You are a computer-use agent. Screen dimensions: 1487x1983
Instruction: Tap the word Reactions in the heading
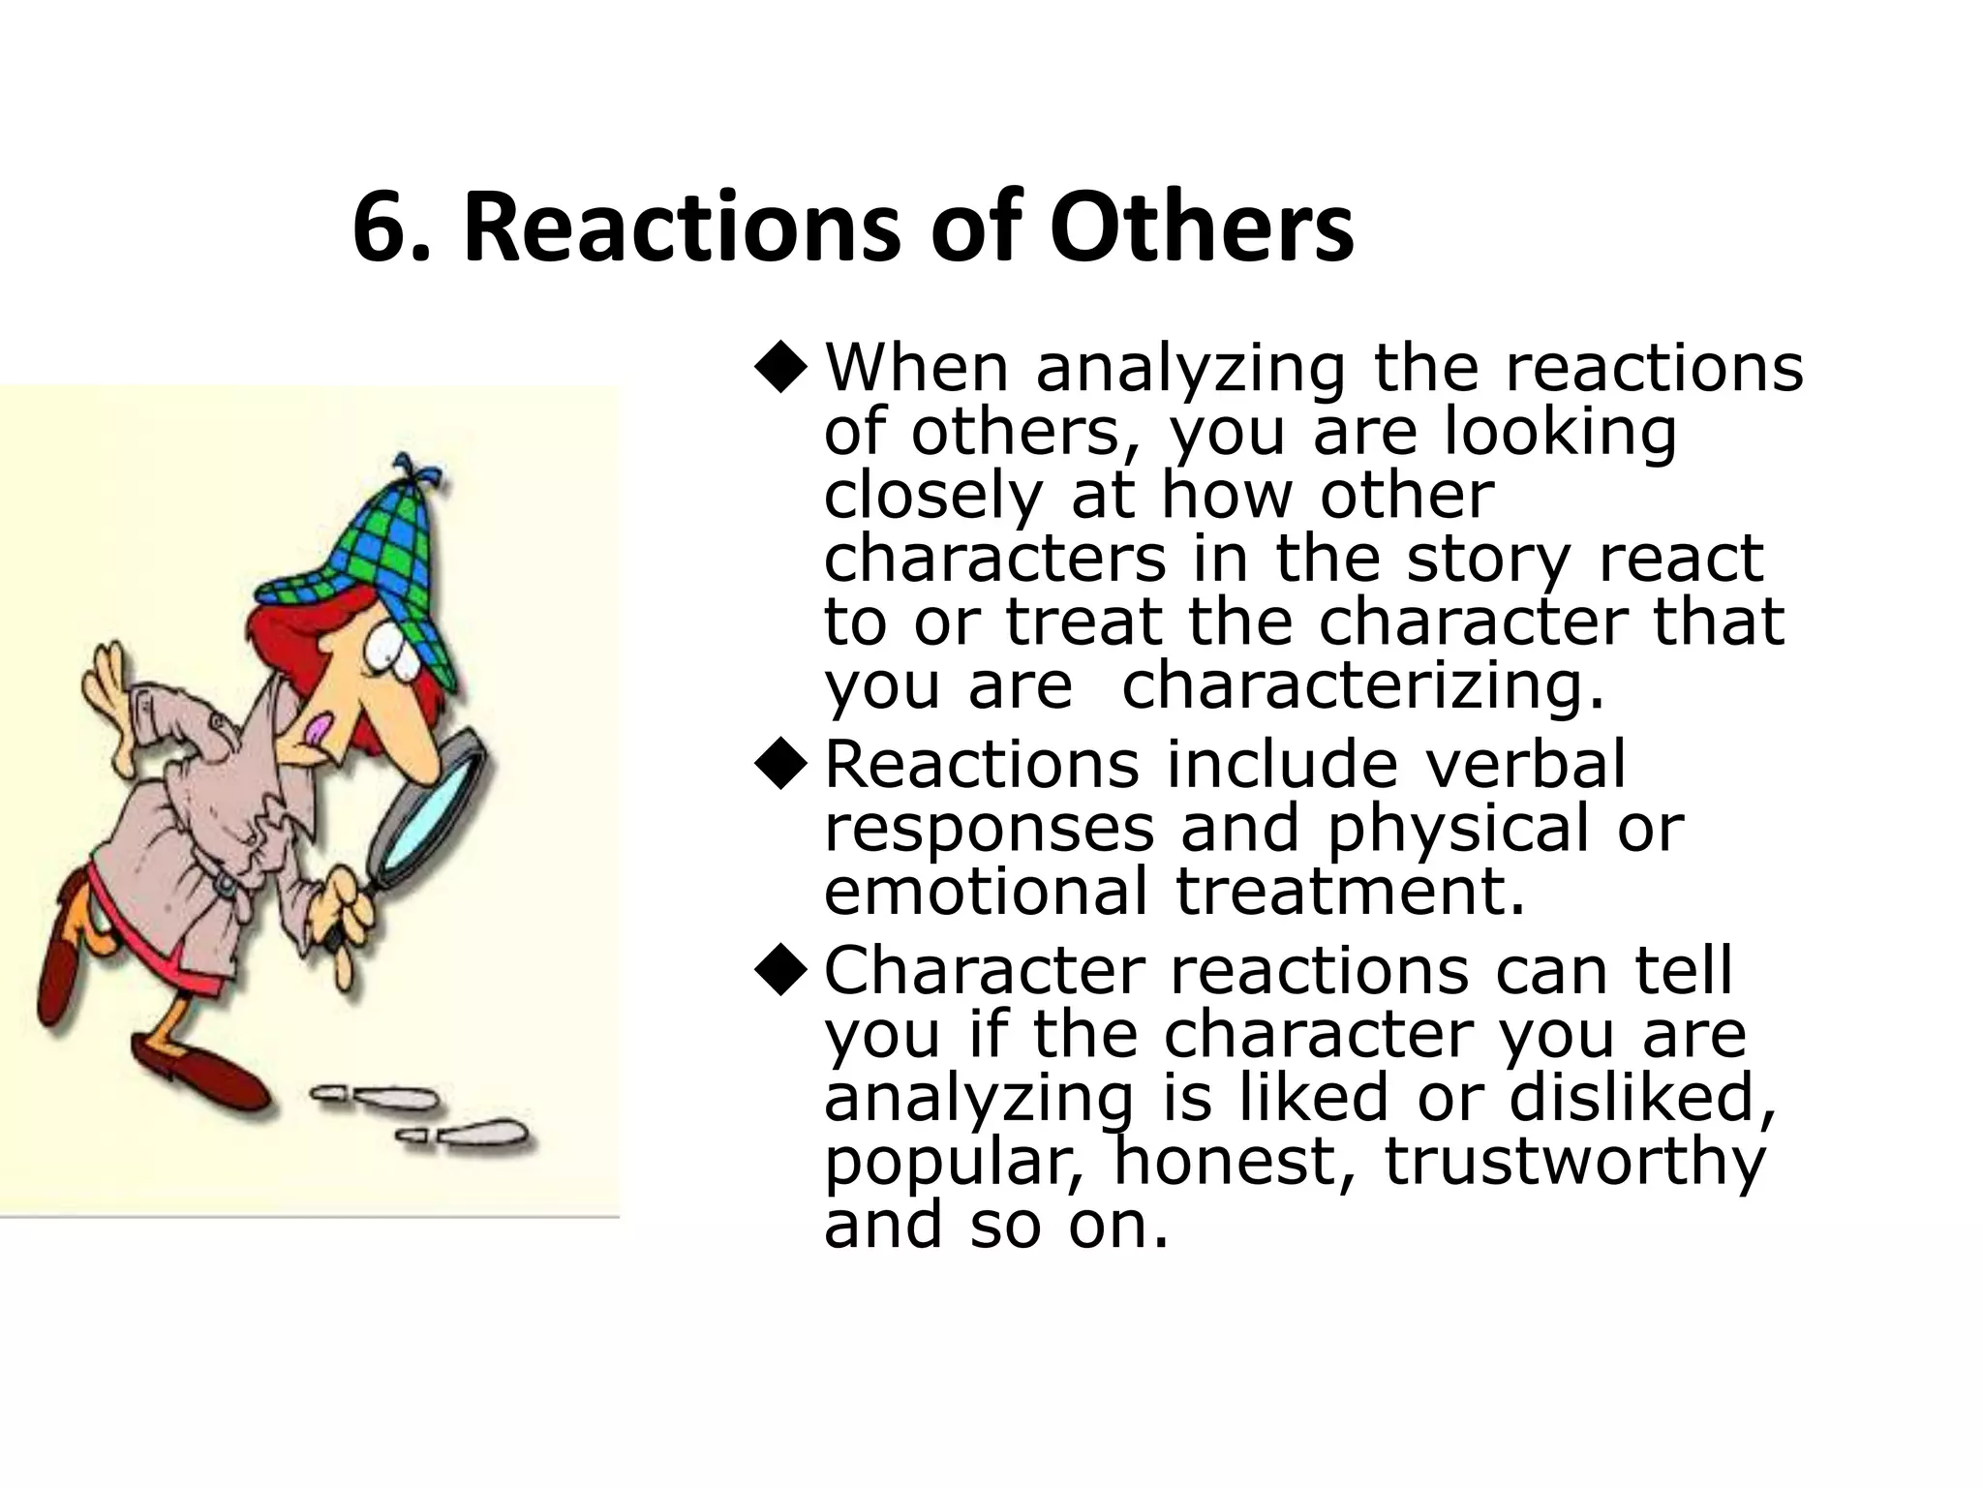[x=686, y=228]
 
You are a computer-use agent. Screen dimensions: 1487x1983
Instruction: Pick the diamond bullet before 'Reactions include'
[x=780, y=767]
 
